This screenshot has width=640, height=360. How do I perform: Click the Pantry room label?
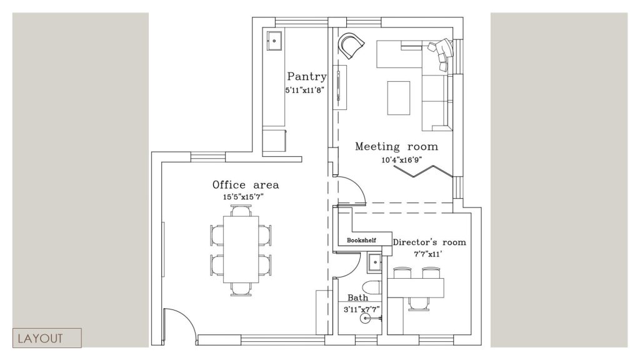tap(307, 76)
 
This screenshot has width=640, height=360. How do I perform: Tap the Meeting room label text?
tap(396, 146)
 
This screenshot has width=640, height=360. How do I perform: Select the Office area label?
tap(246, 185)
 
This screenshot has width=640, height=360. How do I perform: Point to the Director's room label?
tap(429, 242)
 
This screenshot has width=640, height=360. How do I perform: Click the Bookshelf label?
tap(362, 241)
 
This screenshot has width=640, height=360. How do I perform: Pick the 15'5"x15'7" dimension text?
tap(243, 197)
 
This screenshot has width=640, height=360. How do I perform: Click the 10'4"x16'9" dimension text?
tap(402, 160)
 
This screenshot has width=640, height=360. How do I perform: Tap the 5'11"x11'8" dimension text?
tap(305, 90)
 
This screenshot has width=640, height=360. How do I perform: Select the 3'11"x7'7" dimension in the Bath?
tap(362, 309)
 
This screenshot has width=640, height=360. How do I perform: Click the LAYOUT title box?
tap(47, 338)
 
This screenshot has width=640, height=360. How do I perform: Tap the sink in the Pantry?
tap(274, 41)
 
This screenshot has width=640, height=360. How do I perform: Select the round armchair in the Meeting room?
tap(351, 44)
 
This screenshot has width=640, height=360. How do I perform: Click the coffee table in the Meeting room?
tap(398, 98)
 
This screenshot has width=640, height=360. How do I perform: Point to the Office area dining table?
tap(241, 249)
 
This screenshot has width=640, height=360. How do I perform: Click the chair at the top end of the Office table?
tap(241, 210)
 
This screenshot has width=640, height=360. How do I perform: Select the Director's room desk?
tap(416, 287)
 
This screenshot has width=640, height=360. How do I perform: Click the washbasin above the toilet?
tap(374, 263)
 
